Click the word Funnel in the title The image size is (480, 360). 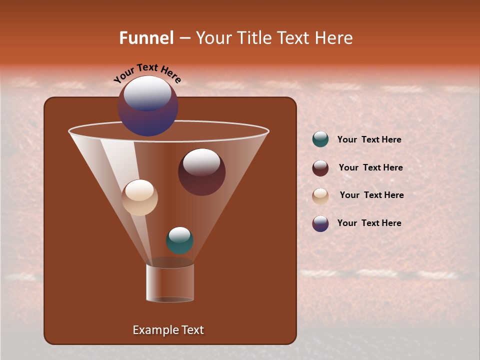coord(146,38)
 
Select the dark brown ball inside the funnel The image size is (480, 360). coord(201,172)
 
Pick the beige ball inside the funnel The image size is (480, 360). coord(140,198)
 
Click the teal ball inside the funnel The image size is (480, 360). coord(179,240)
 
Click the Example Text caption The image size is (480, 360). coord(168,330)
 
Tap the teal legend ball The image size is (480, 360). coord(320,139)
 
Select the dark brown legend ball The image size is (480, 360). coord(320,168)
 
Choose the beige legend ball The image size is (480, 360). coord(320,195)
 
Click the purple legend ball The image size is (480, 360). coord(320,223)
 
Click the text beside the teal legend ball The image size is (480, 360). coord(369,140)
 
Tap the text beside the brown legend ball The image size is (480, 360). coord(370,168)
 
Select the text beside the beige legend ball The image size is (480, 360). coord(371,195)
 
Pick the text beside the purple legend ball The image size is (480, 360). coord(369,223)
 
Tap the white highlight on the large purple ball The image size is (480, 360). coord(147,93)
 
